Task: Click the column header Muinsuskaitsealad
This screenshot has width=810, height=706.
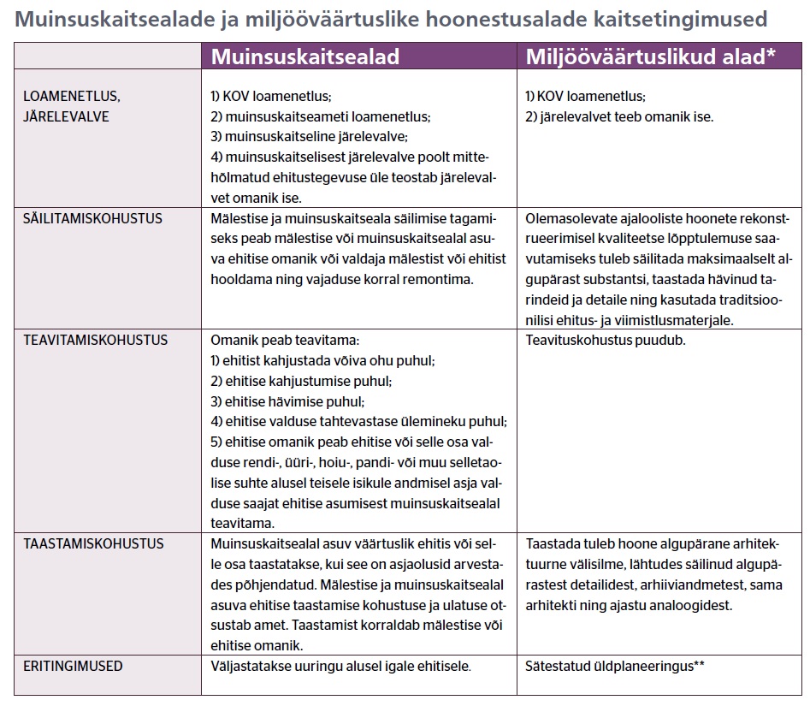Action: (305, 56)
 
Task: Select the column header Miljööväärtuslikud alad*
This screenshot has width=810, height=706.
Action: (650, 56)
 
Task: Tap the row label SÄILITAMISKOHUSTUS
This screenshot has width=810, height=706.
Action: (92, 218)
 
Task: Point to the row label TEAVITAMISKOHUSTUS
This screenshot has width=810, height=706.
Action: (95, 340)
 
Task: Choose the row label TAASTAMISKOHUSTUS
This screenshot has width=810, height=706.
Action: (94, 543)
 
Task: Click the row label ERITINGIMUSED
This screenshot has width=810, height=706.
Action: (73, 665)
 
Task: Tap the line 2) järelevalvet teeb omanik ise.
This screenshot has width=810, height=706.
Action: (619, 116)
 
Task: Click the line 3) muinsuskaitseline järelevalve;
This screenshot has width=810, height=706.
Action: (309, 137)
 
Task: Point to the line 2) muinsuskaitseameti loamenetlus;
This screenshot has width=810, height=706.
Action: (320, 116)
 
